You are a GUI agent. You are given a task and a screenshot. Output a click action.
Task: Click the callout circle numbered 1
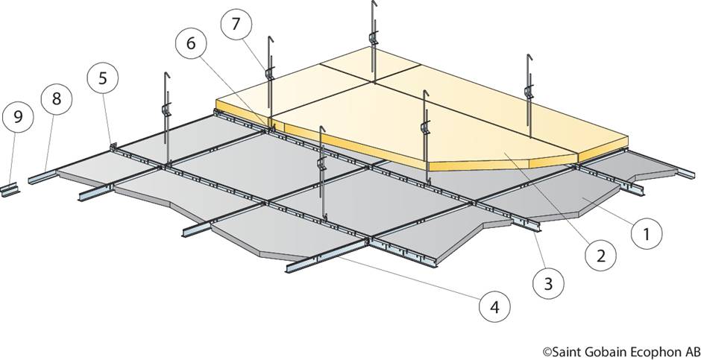(x=647, y=234)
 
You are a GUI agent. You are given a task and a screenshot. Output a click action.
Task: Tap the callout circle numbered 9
(x=17, y=116)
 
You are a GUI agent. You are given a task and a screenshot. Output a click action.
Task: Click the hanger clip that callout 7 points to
(x=268, y=73)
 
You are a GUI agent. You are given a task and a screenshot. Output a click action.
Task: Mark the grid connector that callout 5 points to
(x=113, y=145)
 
